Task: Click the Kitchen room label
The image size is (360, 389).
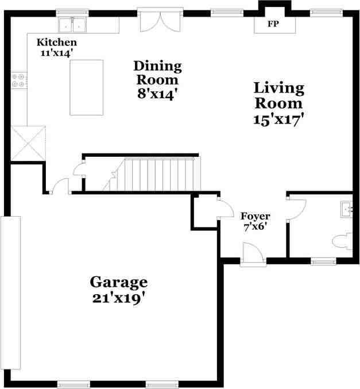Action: coord(56,43)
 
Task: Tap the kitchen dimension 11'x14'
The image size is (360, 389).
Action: coord(56,53)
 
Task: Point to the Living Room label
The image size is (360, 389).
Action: coord(278,96)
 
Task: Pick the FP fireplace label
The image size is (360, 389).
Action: coord(273,25)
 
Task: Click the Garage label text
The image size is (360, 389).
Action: coord(118,282)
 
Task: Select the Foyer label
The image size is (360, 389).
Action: coord(255,217)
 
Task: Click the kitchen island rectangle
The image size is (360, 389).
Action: coord(86,87)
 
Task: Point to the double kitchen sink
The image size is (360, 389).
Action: coord(73,25)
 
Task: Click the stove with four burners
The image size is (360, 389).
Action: coord(18,80)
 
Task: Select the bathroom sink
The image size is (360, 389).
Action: coord(346,208)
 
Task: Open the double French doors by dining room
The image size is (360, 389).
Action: coord(160,21)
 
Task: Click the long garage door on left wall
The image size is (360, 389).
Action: coord(11,292)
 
